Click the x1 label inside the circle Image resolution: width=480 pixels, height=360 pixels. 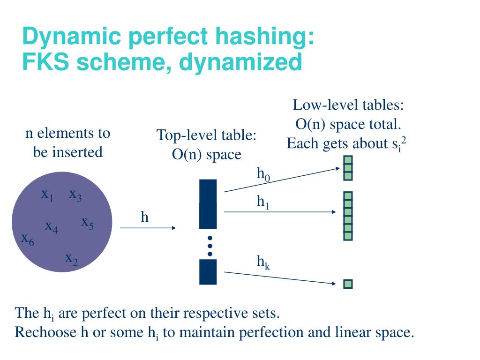tap(47, 195)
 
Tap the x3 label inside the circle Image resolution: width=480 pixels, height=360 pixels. tap(75, 195)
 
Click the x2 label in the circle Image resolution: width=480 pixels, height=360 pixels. tap(71, 259)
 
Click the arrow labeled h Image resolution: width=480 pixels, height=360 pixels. tap(148, 228)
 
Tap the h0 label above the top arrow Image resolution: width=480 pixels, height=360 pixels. tap(263, 174)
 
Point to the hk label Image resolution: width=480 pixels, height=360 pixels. tap(263, 262)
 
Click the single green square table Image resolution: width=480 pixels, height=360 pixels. tap(348, 284)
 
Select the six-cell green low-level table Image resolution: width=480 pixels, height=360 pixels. tap(348, 216)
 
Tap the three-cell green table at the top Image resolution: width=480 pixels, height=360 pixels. tap(348, 168)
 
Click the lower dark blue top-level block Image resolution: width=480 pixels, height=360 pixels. tap(208, 272)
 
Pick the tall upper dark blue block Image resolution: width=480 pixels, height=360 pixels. tap(208, 203)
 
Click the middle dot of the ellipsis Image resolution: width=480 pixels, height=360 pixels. tap(210, 246)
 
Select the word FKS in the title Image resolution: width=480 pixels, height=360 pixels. tap(45, 62)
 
